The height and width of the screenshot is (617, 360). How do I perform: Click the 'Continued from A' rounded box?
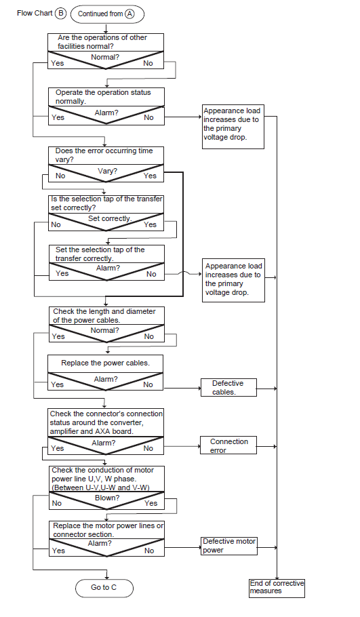(x=107, y=14)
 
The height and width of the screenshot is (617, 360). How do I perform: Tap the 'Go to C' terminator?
(x=104, y=588)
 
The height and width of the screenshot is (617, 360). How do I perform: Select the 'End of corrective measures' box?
(x=277, y=588)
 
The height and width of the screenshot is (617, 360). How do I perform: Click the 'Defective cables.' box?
(x=228, y=388)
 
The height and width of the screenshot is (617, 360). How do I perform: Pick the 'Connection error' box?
(x=228, y=446)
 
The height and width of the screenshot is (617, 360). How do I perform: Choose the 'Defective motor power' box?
(x=229, y=546)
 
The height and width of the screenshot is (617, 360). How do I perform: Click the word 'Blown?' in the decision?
(x=107, y=498)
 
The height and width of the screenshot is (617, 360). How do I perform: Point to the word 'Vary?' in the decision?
(x=107, y=171)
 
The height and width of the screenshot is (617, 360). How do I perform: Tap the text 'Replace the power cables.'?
(x=106, y=363)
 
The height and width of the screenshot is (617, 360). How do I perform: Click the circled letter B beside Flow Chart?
(x=60, y=13)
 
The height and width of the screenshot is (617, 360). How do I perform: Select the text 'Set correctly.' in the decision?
(x=110, y=218)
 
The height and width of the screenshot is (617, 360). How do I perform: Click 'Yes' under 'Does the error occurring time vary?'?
(x=150, y=176)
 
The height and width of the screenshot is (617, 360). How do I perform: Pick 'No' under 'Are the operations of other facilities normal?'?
(x=148, y=63)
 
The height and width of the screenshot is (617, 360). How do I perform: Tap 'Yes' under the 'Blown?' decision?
(x=151, y=503)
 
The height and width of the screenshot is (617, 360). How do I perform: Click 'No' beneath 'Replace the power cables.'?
(x=148, y=385)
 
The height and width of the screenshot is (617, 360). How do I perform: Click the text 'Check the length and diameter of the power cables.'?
(x=104, y=315)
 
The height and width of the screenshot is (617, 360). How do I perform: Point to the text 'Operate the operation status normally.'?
(x=103, y=97)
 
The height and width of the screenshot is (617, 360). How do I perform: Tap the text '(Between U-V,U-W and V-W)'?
(x=101, y=487)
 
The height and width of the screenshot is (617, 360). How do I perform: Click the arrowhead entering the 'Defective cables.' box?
(x=199, y=388)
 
